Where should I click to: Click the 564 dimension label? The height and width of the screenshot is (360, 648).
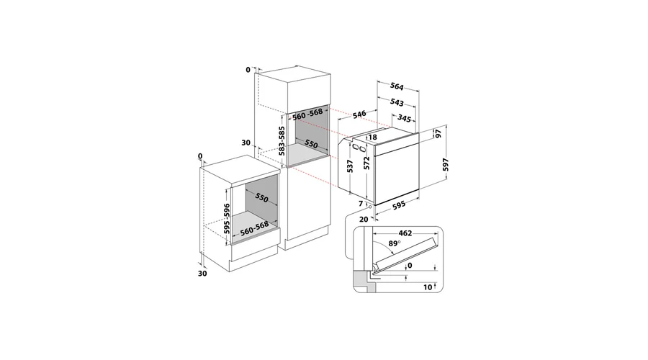[x=397, y=86]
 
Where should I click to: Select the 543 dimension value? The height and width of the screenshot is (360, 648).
[x=397, y=102]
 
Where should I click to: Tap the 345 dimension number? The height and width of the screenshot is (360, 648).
[x=404, y=119]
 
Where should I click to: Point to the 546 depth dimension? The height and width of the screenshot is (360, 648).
[x=359, y=114]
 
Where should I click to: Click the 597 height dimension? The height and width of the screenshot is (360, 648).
[x=445, y=164]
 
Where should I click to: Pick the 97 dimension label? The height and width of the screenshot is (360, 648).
[x=438, y=134]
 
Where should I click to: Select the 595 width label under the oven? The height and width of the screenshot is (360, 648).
[x=399, y=205]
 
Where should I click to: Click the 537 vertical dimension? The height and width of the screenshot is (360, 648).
[x=350, y=166]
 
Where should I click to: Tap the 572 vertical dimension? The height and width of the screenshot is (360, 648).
[x=366, y=163]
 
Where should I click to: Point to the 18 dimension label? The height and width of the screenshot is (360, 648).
[x=373, y=138]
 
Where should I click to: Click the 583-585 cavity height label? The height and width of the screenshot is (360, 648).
[x=282, y=140]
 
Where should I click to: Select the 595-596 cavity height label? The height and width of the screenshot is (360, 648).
[x=227, y=219]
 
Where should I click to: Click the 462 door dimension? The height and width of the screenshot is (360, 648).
[x=405, y=233]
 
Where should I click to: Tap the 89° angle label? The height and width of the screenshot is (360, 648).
[x=395, y=243]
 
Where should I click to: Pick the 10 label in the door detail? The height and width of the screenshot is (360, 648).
[x=427, y=287]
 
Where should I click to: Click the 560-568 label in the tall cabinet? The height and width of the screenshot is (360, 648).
[x=307, y=114]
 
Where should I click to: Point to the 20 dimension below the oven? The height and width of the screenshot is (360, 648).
[x=364, y=220]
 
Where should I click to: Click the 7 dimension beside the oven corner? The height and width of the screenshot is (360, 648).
[x=361, y=204]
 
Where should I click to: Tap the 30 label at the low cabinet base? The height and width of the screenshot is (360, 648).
[x=202, y=274]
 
